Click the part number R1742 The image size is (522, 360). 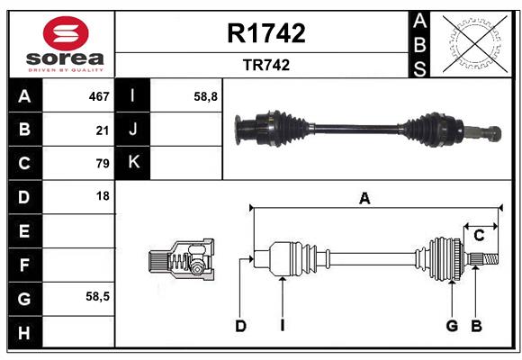click(x=266, y=33)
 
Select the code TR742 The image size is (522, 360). click(x=266, y=65)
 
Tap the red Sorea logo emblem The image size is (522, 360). click(x=66, y=33)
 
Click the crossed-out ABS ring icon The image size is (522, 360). click(x=475, y=44)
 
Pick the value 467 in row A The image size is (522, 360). click(x=99, y=96)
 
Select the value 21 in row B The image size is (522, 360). click(x=103, y=130)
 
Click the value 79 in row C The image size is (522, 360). click(x=103, y=164)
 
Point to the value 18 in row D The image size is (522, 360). click(x=103, y=196)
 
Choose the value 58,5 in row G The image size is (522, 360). click(x=97, y=296)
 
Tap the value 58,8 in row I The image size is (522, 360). click(x=205, y=96)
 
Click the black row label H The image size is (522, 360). click(x=25, y=332)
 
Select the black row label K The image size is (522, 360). click(x=132, y=162)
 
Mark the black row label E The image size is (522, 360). click(x=25, y=230)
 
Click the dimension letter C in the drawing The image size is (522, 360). click(x=479, y=236)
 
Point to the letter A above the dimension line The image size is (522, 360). click(x=364, y=199)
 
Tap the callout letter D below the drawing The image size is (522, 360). click(x=240, y=326)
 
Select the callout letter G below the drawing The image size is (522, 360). click(x=452, y=326)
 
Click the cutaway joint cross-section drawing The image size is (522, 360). click(x=182, y=259)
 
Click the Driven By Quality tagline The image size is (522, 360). click(x=66, y=70)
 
